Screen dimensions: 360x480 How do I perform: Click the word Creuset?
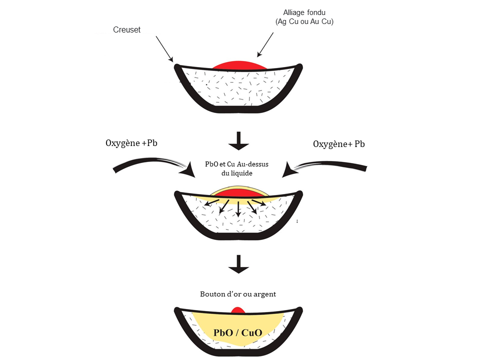point(126,30)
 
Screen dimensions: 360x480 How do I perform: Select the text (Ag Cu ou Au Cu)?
point(304,22)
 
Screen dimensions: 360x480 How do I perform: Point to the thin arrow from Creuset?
point(164,49)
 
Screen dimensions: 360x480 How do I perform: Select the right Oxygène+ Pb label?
point(338,144)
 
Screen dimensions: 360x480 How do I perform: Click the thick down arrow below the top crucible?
point(239,141)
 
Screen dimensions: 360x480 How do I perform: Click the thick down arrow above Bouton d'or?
point(239,264)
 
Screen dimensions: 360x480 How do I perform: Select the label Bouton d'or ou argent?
point(238,294)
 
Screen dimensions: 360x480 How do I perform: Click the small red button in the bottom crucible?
point(238,310)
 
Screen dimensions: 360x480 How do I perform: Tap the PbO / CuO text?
point(238,332)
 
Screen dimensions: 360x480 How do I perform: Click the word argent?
point(264,294)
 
